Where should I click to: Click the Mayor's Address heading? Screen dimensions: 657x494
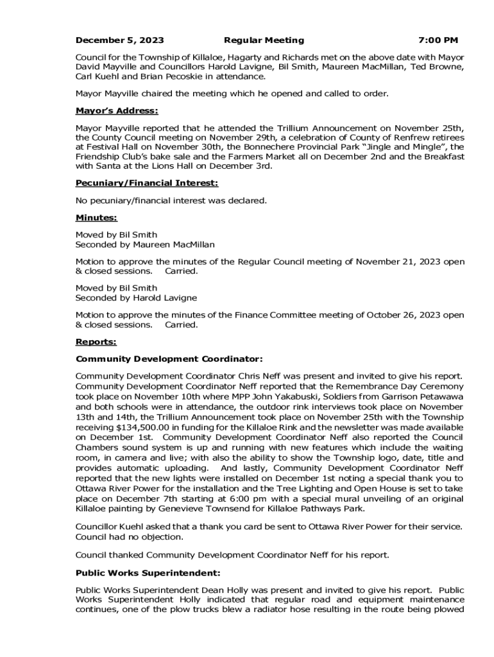(116, 111)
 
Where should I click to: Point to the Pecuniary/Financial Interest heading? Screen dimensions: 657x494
(142, 183)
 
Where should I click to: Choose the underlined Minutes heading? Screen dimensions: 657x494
(96, 218)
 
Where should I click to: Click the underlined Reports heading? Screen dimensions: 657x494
(96, 342)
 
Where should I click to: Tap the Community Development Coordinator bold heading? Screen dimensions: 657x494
(169, 359)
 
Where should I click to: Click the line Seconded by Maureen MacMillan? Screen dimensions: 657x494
(145, 244)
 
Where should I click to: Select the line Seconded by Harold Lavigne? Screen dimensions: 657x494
(136, 298)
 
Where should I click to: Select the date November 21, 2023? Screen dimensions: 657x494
(407, 262)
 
